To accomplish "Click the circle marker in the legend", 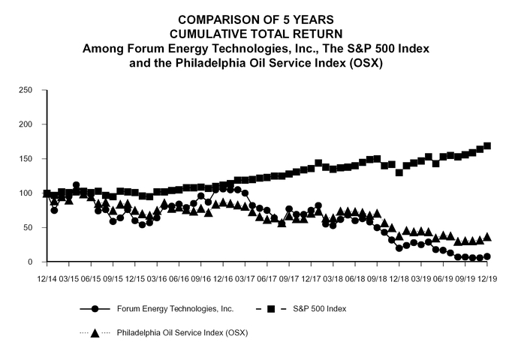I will pyautogui.click(x=95, y=308).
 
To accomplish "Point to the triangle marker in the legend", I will pyautogui.click(x=95, y=332).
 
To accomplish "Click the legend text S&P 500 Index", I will pyautogui.click(x=320, y=308).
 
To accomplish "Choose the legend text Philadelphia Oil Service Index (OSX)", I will pyautogui.click(x=182, y=332).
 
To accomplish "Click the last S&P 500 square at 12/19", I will pyautogui.click(x=487, y=145).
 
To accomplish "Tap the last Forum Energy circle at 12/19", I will pyautogui.click(x=487, y=256).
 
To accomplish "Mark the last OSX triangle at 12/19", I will pyautogui.click(x=487, y=237).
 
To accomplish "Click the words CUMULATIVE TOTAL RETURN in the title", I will pyautogui.click(x=255, y=34).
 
